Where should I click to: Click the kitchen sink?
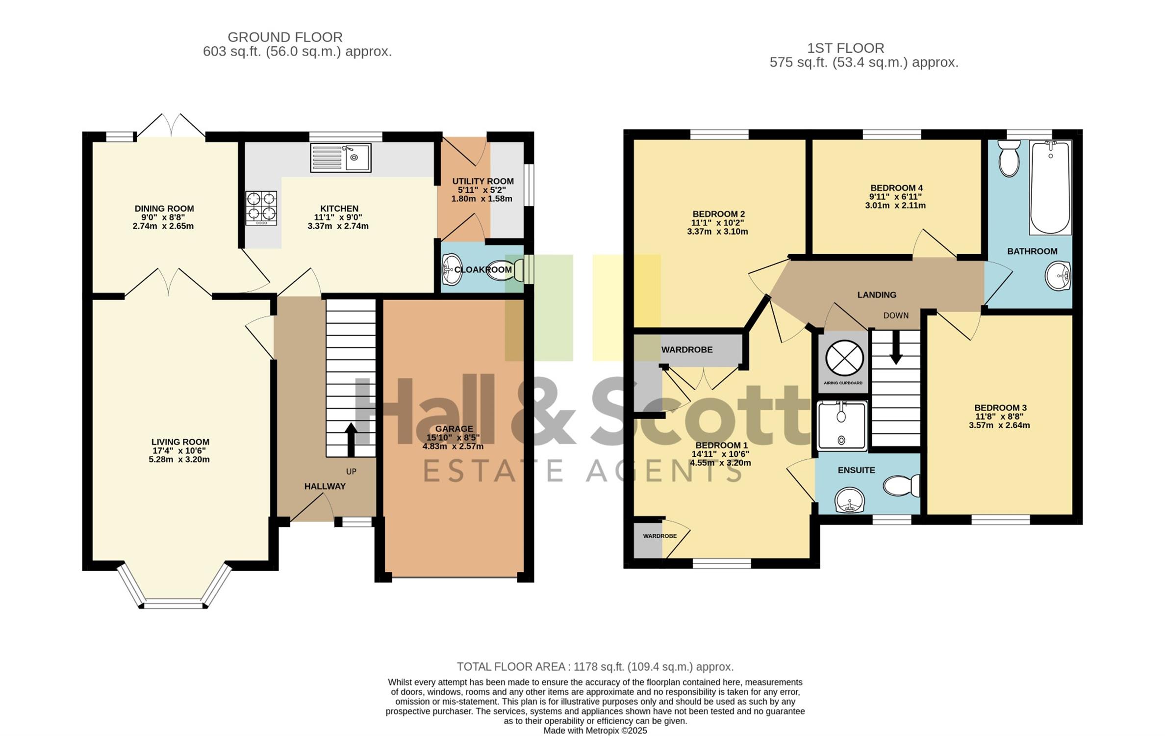click(340, 158)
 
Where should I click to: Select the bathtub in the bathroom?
click(1050, 187)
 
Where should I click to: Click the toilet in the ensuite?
click(901, 485)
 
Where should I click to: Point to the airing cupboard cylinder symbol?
click(844, 358)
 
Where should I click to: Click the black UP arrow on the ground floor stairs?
click(351, 440)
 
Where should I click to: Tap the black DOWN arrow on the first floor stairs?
click(896, 347)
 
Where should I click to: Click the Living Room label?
click(180, 442)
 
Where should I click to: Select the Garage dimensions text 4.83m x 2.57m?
click(453, 447)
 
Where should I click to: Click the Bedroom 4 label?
click(896, 188)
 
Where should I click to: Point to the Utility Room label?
click(483, 181)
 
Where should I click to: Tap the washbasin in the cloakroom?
click(452, 269)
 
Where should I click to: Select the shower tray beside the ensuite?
click(842, 425)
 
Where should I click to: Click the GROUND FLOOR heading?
click(285, 37)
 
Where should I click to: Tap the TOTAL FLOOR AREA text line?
click(595, 666)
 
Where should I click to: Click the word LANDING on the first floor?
click(877, 295)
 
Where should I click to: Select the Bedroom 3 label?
click(1000, 408)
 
